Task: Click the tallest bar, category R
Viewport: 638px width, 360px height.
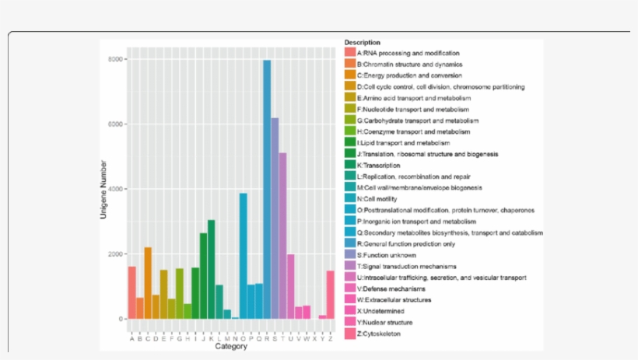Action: click(x=267, y=190)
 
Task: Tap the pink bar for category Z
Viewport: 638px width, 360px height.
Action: click(x=331, y=295)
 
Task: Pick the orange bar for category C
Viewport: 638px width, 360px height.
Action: click(x=148, y=283)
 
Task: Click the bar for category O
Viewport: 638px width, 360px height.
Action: click(x=243, y=256)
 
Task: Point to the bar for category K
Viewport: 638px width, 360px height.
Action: click(x=211, y=269)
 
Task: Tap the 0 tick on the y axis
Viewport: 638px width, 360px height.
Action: click(x=120, y=319)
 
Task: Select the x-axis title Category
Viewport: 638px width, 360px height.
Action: click(x=231, y=347)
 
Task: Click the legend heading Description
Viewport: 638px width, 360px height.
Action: click(x=363, y=42)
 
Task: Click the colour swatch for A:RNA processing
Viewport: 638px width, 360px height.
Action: click(x=350, y=53)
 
